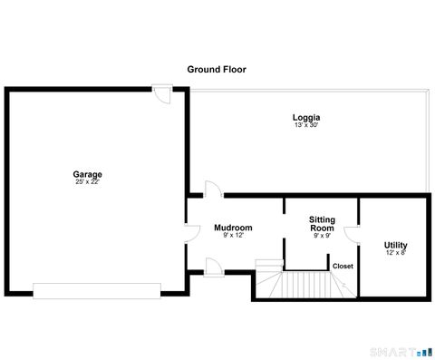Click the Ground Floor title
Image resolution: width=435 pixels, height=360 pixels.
coord(217,69)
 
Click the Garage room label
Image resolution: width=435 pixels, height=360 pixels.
coord(88,174)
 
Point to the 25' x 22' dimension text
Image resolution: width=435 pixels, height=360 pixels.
coord(88,181)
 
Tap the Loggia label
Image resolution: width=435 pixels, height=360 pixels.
coord(306,118)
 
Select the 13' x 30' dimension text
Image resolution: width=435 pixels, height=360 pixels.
coord(306,125)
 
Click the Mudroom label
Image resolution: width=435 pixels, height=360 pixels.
coord(233,228)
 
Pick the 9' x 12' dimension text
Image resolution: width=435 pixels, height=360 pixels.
coord(233,235)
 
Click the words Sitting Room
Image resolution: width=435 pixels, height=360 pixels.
coord(322,224)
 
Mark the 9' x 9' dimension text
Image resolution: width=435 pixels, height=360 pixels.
coord(322,236)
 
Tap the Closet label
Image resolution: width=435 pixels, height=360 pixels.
coord(343,266)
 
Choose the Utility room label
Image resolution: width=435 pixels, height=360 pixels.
coord(395,245)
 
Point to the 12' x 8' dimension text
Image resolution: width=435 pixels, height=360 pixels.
coord(395,253)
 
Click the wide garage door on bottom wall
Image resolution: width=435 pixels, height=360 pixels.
coord(97,290)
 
